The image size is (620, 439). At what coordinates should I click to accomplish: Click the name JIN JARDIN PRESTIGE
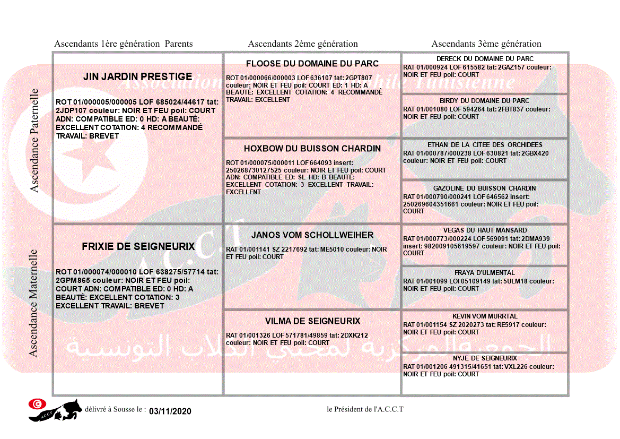[x=138, y=77]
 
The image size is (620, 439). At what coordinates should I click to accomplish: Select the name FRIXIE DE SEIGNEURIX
[x=138, y=247]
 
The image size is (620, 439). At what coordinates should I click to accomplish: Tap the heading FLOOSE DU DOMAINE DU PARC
[x=312, y=64]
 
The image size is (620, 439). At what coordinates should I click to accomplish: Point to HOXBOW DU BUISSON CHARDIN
[x=312, y=149]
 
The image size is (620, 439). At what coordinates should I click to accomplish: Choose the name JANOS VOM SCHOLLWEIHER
[x=312, y=235]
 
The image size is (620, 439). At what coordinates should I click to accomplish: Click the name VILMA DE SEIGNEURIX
[x=312, y=321]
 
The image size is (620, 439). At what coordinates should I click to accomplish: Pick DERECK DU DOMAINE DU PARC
[x=485, y=59]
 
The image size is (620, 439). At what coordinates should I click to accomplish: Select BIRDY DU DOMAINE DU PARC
[x=485, y=101]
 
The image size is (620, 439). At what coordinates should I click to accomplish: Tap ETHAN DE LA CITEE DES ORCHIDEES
[x=485, y=145]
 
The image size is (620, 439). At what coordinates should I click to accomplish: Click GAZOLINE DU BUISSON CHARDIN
[x=485, y=188]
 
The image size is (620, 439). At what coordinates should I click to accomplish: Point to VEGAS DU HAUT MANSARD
[x=485, y=230]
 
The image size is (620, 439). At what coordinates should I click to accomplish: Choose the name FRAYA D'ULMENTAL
[x=485, y=273]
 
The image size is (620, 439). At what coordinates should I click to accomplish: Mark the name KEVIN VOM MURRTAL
[x=485, y=316]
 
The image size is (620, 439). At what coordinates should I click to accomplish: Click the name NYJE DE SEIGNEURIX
[x=485, y=358]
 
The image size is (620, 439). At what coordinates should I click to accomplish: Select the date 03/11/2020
[x=170, y=411]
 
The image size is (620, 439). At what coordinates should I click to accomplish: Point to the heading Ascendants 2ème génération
[x=303, y=44]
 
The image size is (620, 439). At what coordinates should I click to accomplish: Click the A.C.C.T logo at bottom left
[x=55, y=410]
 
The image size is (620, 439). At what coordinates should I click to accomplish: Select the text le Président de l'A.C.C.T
[x=365, y=409]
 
